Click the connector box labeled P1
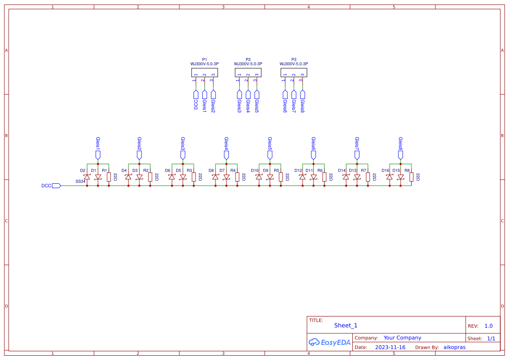(205, 72)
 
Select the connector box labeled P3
(294, 72)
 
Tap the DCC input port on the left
(56, 186)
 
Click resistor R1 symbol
(109, 177)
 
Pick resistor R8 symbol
(411, 177)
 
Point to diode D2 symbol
(87, 177)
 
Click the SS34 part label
(80, 181)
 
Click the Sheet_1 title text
(346, 326)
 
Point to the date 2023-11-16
(390, 347)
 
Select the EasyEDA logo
(330, 343)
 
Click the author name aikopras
(455, 347)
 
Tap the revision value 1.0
(489, 326)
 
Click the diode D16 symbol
(390, 177)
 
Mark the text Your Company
(402, 338)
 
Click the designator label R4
(233, 171)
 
